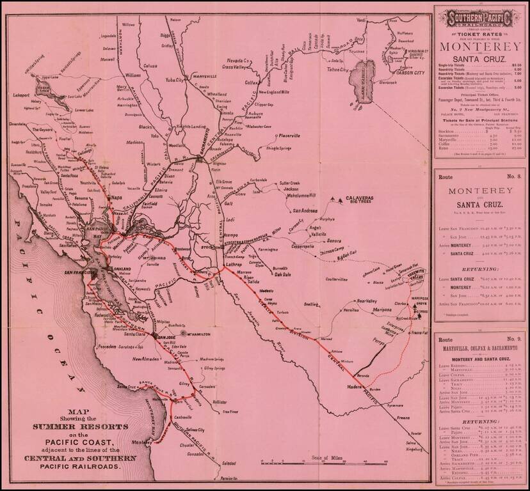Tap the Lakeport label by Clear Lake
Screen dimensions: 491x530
pos(23,94)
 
